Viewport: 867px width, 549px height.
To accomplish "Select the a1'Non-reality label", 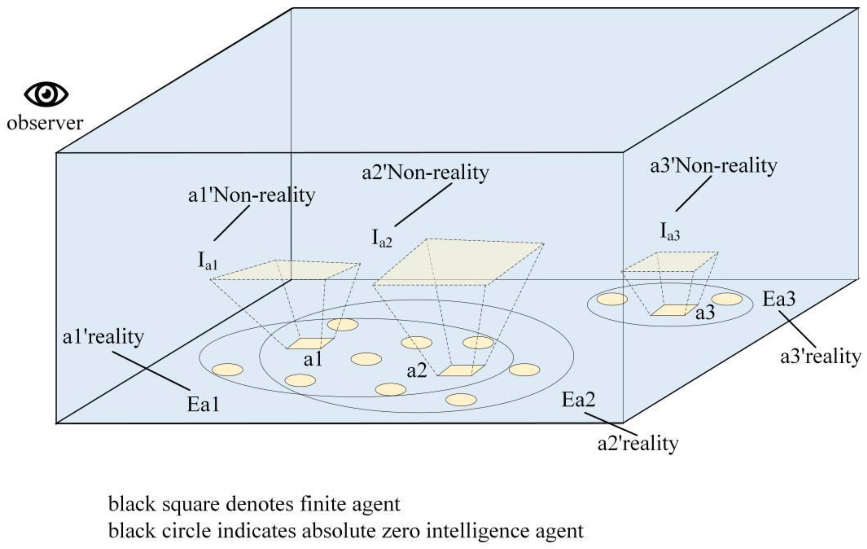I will tap(252, 196).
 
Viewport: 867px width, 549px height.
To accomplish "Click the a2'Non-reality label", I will tap(425, 173).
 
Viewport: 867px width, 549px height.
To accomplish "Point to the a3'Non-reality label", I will tap(713, 166).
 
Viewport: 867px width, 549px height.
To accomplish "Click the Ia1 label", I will tap(208, 261).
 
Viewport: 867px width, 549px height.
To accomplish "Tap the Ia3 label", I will tap(670, 232).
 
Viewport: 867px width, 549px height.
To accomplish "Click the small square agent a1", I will tap(310, 343).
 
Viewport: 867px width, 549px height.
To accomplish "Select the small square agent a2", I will tap(461, 370).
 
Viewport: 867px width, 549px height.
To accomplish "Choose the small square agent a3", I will tap(674, 310).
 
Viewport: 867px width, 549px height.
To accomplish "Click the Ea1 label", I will tap(203, 404).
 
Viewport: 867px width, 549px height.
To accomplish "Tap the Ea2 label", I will tap(578, 399).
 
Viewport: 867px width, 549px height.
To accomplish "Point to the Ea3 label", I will tap(779, 299).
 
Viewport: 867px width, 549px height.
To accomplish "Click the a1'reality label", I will tap(103, 337).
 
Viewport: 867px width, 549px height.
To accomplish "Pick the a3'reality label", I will tap(820, 357).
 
